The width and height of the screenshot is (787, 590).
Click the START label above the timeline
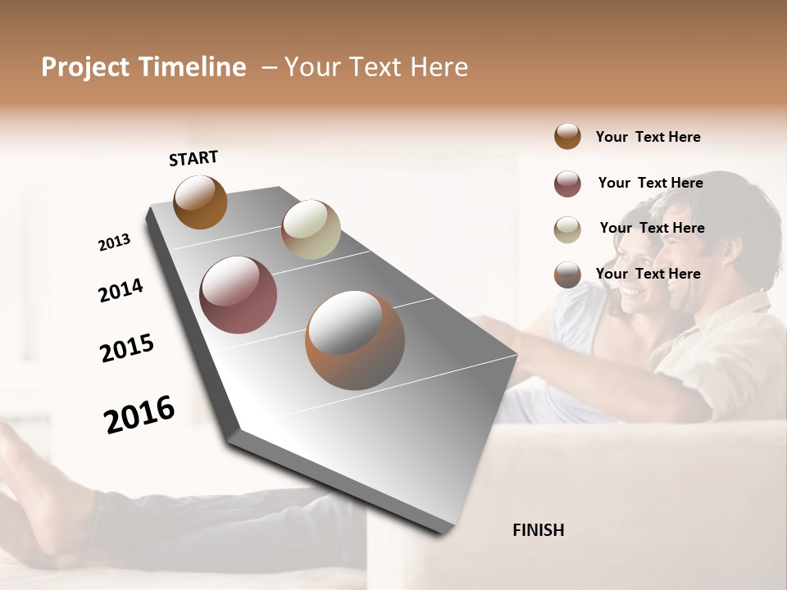click(x=193, y=157)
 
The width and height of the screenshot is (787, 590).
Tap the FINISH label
click(x=538, y=530)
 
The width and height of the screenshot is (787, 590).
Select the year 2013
click(x=114, y=243)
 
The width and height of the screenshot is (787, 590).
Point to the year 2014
click(x=121, y=290)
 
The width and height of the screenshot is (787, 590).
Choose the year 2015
click(x=127, y=348)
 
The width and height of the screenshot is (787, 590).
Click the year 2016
click(x=139, y=414)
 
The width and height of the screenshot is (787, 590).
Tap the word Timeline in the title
click(x=192, y=67)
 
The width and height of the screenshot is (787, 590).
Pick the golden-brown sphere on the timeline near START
click(x=200, y=202)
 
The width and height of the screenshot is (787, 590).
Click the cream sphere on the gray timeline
click(x=311, y=229)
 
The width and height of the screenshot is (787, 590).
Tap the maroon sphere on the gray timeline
click(x=238, y=295)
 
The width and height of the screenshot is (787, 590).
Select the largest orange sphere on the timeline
click(x=354, y=340)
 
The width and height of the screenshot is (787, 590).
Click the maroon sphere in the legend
click(x=567, y=184)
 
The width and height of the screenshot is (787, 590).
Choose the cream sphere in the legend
click(x=567, y=229)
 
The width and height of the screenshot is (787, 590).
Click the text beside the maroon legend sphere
click(x=650, y=183)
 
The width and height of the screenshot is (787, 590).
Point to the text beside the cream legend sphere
click(x=652, y=228)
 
